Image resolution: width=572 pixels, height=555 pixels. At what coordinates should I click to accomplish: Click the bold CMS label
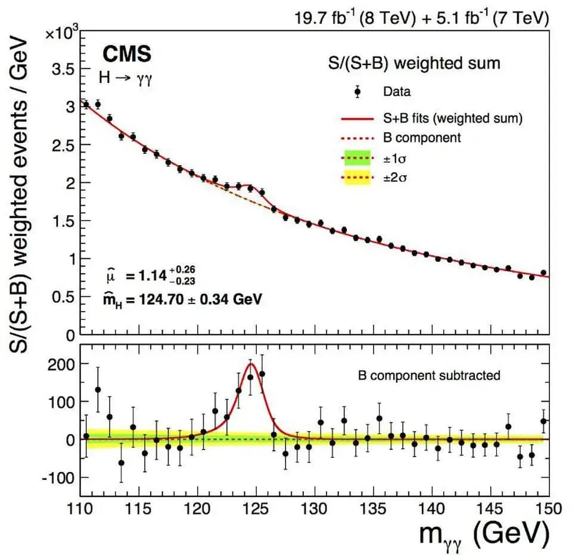[127, 54]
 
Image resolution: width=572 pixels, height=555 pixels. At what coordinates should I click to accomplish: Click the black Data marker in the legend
[357, 92]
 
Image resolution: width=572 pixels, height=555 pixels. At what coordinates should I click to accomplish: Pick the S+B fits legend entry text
[453, 118]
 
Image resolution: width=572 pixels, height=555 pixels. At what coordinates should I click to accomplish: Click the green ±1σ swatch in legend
[357, 157]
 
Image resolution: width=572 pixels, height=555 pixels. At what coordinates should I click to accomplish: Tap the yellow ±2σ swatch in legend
[357, 177]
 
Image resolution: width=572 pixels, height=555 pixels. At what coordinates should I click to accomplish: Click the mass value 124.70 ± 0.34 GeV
[200, 299]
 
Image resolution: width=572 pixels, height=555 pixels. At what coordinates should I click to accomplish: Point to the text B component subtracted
[429, 376]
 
